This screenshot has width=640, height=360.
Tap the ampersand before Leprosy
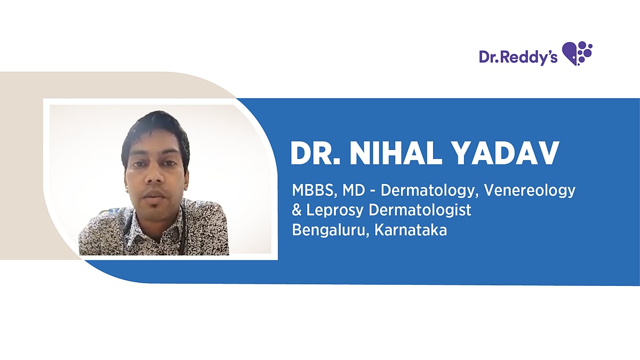(297, 210)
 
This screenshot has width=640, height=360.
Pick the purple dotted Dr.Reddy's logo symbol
(578, 53)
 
